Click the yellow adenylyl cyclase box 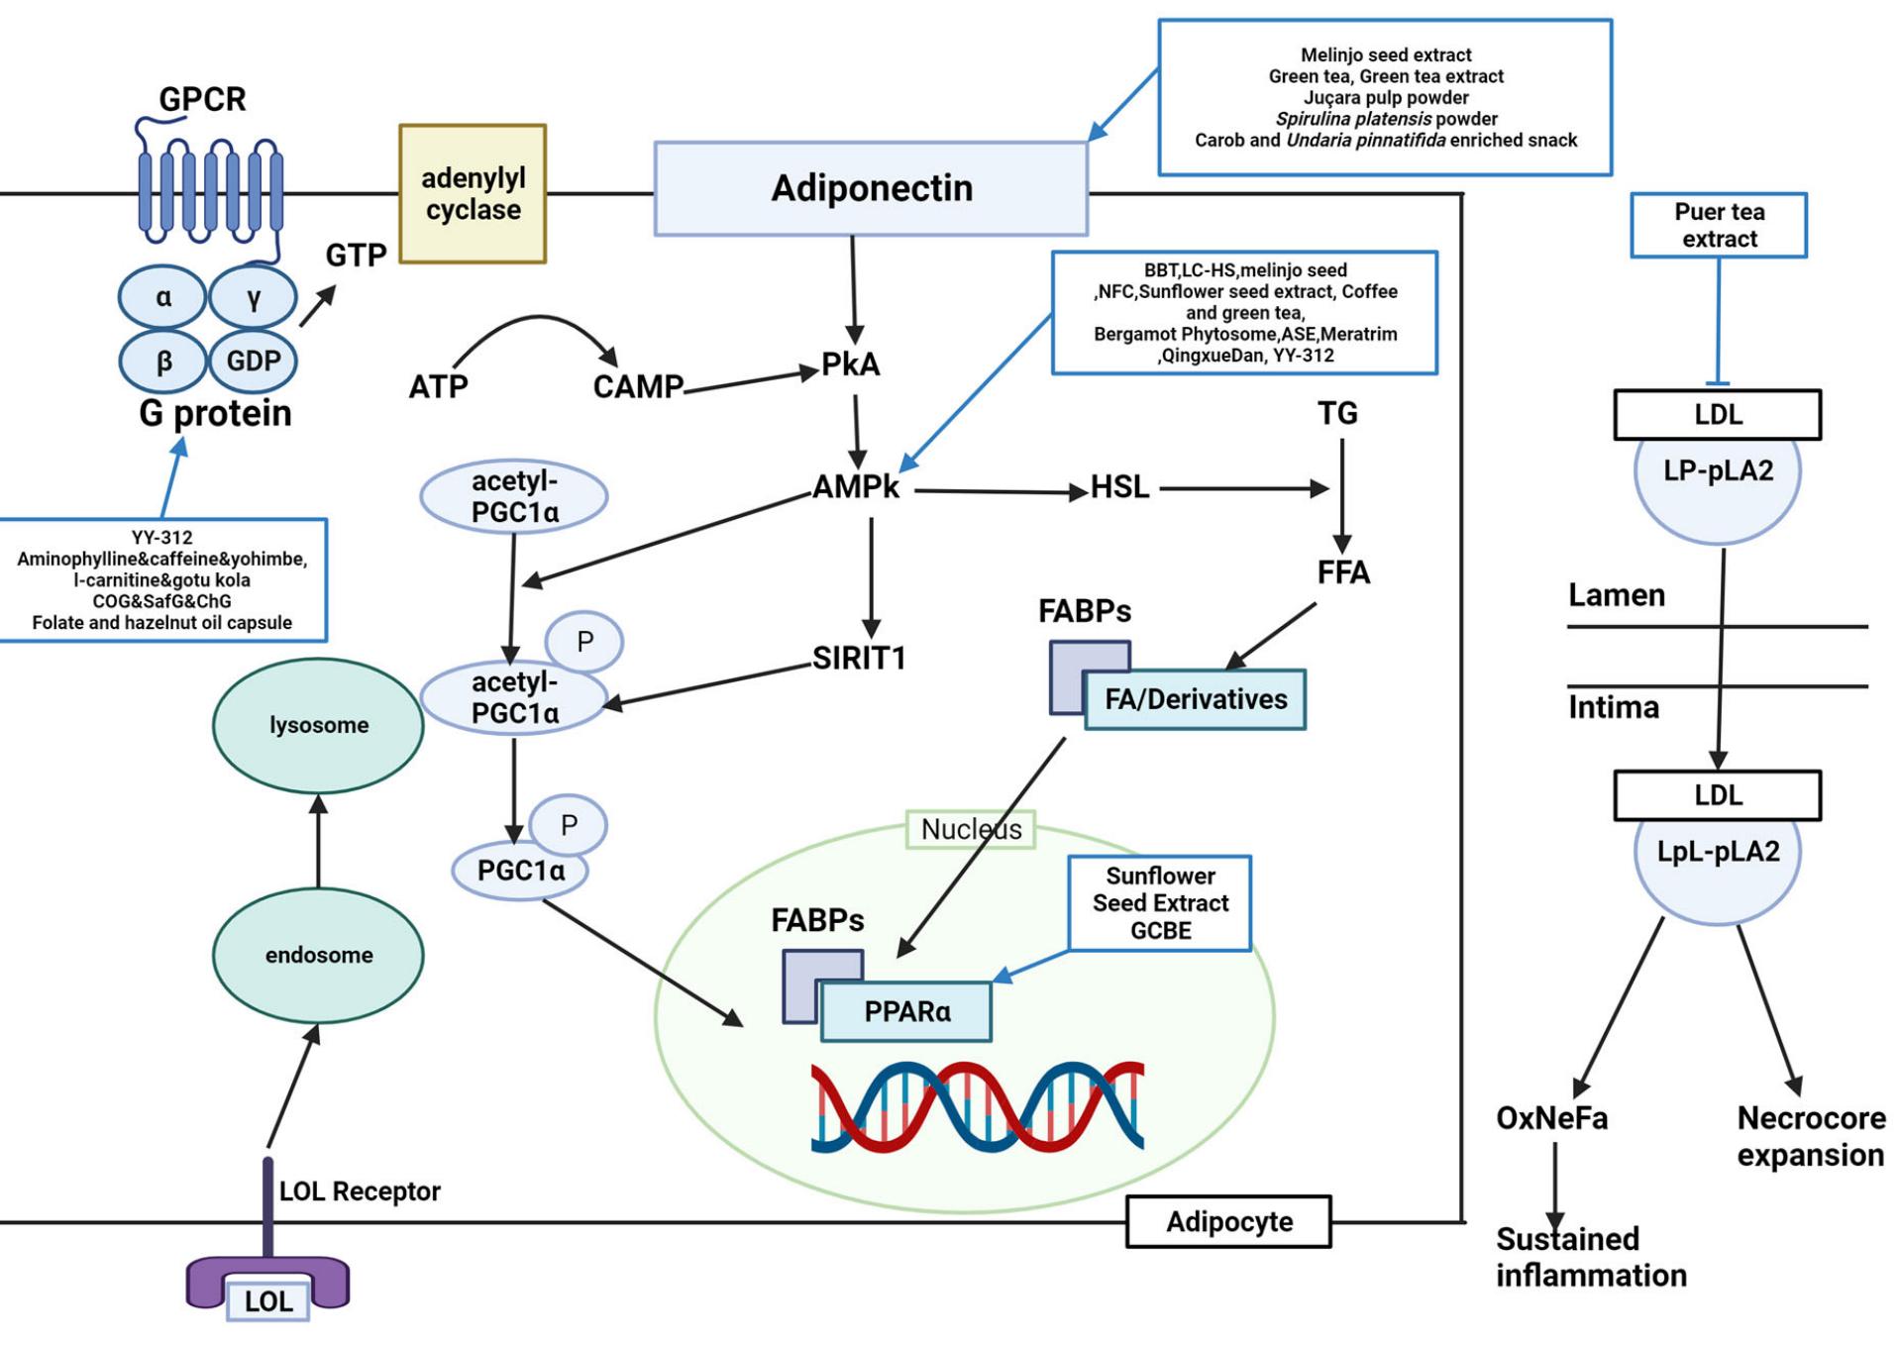(x=473, y=194)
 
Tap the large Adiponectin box (x=871, y=188)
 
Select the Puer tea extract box (x=1718, y=226)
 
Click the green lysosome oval (x=318, y=725)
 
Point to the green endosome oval (x=318, y=955)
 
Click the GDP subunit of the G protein (x=253, y=361)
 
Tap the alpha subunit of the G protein (x=163, y=297)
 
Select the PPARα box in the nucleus (x=906, y=1011)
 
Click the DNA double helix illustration (x=977, y=1106)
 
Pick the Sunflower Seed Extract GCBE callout (x=1159, y=903)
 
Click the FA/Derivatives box (x=1195, y=699)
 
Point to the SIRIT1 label (x=859, y=659)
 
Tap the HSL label (x=1119, y=487)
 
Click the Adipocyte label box (x=1228, y=1221)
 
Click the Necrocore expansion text (x=1810, y=1136)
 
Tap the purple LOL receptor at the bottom (x=267, y=1283)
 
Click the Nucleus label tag (x=971, y=829)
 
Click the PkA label (x=850, y=364)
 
